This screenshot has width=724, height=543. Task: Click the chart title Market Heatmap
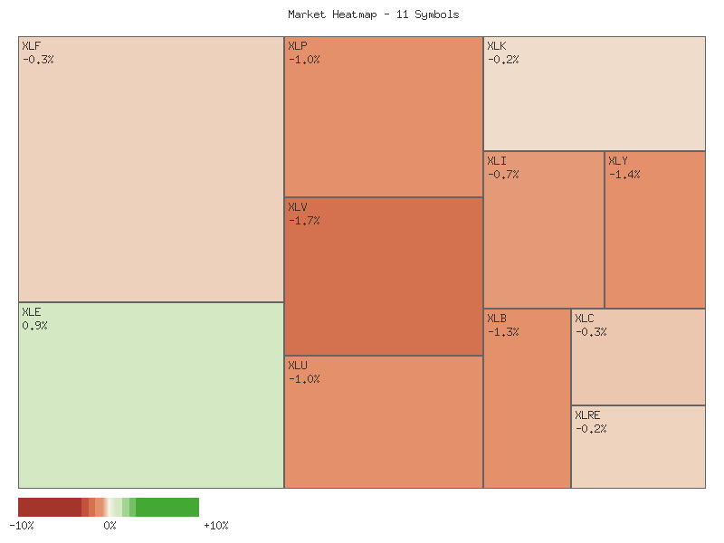373,14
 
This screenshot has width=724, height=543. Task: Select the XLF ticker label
31,46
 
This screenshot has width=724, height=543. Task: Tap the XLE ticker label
31,312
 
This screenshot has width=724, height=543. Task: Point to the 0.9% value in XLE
34,326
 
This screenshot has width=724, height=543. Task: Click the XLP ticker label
297,46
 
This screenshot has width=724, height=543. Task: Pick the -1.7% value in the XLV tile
304,221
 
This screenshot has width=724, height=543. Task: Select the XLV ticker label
297,207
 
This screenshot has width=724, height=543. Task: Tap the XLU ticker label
297,366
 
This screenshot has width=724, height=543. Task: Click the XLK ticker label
496,46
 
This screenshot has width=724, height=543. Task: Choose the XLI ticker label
496,161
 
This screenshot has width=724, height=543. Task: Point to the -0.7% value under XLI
503,175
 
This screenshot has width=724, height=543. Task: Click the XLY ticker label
617,161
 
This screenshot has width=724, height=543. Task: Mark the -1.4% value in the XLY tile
624,175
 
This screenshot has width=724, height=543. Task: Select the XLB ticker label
496,319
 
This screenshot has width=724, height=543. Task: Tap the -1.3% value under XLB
503,332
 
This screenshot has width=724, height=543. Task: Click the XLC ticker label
584,319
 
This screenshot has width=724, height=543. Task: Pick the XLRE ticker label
587,415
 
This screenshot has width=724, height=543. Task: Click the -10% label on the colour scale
22,526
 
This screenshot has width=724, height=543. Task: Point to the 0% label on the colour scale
110,526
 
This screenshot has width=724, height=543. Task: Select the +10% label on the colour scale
215,526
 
